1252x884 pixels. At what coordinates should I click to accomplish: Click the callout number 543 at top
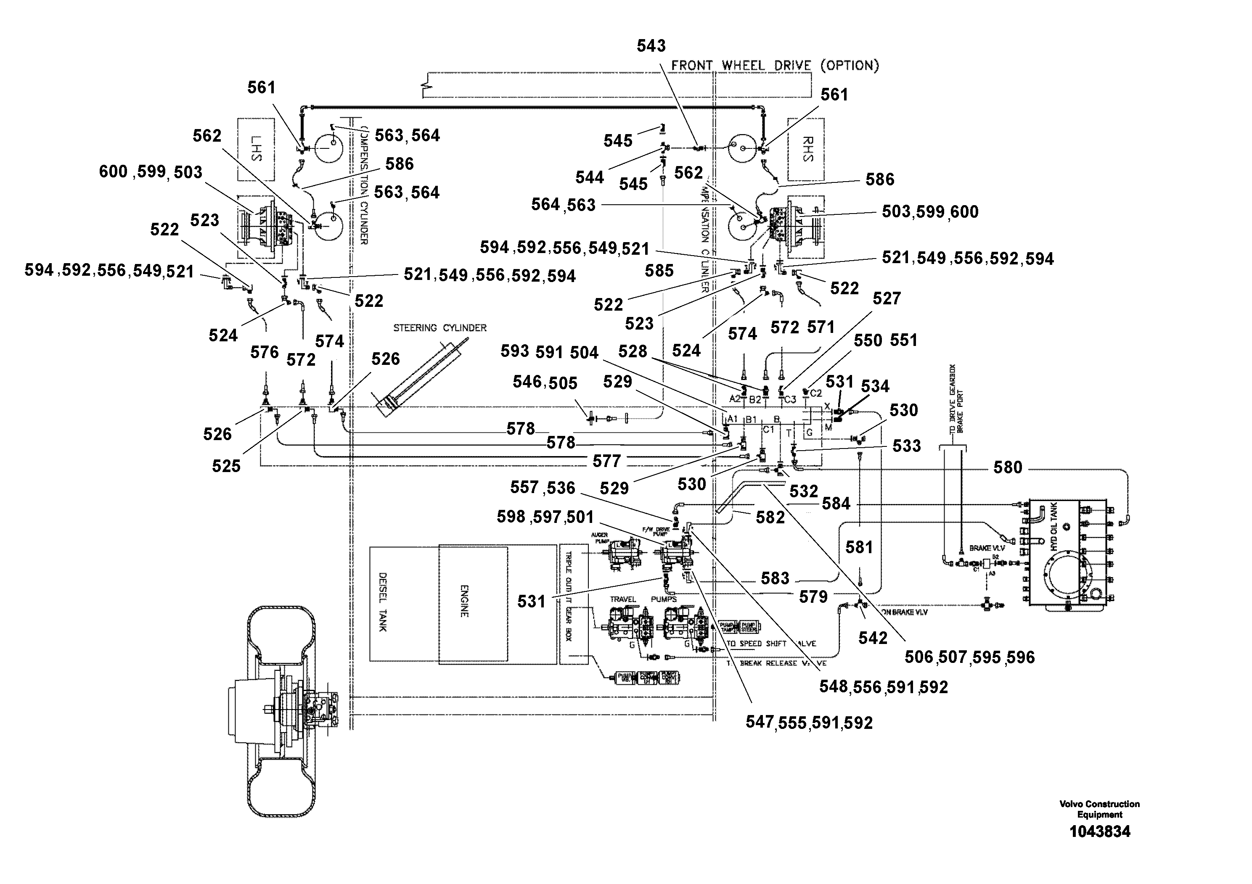(x=651, y=46)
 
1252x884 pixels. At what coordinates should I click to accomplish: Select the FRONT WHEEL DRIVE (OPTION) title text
(x=774, y=66)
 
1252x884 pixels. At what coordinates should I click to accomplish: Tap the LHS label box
(x=256, y=149)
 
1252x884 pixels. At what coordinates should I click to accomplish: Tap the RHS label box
(x=805, y=149)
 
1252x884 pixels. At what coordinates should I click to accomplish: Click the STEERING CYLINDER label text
(x=439, y=327)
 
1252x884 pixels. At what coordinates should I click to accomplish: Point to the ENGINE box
(x=472, y=604)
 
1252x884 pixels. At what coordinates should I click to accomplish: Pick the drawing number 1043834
(x=1099, y=832)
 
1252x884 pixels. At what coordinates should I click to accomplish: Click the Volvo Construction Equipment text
(x=1099, y=809)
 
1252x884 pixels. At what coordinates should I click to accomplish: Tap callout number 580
(x=1007, y=467)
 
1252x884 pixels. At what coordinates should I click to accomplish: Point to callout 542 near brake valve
(x=873, y=638)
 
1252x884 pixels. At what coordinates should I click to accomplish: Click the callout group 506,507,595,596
(x=969, y=657)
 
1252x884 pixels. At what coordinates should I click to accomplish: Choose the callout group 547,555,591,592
(x=809, y=723)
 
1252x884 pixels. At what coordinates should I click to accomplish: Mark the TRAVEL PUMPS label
(x=643, y=599)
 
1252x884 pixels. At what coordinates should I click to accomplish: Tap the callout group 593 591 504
(x=549, y=352)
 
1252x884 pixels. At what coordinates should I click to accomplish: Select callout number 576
(x=265, y=353)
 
